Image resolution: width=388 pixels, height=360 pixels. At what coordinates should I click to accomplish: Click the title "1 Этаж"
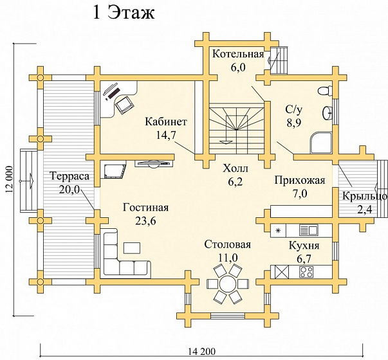124,13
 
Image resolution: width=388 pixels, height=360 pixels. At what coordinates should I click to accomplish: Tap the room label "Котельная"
238,53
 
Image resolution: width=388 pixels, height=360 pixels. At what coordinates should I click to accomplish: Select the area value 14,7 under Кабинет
166,135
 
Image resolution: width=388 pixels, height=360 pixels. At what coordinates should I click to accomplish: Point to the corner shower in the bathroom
320,143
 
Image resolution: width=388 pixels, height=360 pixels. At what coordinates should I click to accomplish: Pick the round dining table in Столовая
227,283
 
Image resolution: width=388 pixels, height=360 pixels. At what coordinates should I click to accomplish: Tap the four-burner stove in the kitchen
306,272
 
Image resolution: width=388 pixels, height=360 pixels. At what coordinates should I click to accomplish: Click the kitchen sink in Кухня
309,230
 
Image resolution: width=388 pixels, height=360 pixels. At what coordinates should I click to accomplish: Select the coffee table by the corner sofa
132,248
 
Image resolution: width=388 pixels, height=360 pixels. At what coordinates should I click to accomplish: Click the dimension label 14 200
201,352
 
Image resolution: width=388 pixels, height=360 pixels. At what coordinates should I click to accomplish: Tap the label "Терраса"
69,176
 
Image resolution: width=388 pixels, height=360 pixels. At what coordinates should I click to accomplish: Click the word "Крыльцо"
365,196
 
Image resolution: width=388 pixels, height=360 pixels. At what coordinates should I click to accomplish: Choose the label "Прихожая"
300,180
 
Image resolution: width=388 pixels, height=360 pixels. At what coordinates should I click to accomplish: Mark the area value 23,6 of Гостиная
145,221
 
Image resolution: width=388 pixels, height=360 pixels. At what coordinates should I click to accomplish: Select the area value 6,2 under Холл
236,182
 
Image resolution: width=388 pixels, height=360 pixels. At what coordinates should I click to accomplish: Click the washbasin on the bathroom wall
328,113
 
